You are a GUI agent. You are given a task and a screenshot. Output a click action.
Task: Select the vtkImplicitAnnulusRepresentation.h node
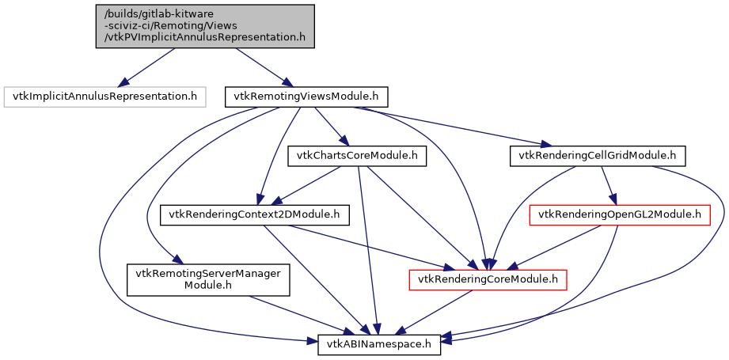[x=104, y=97]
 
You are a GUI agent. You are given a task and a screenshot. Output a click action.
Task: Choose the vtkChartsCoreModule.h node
[x=357, y=156]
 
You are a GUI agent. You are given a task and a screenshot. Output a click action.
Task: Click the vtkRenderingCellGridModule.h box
[x=597, y=156]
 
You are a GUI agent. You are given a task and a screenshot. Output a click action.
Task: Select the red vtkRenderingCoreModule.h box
[x=488, y=279]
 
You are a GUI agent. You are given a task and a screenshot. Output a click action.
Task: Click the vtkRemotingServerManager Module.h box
[x=207, y=279]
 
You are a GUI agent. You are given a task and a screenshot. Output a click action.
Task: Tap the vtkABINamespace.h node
[x=379, y=344]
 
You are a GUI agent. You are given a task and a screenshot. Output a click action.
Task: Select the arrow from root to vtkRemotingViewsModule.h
[x=260, y=67]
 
